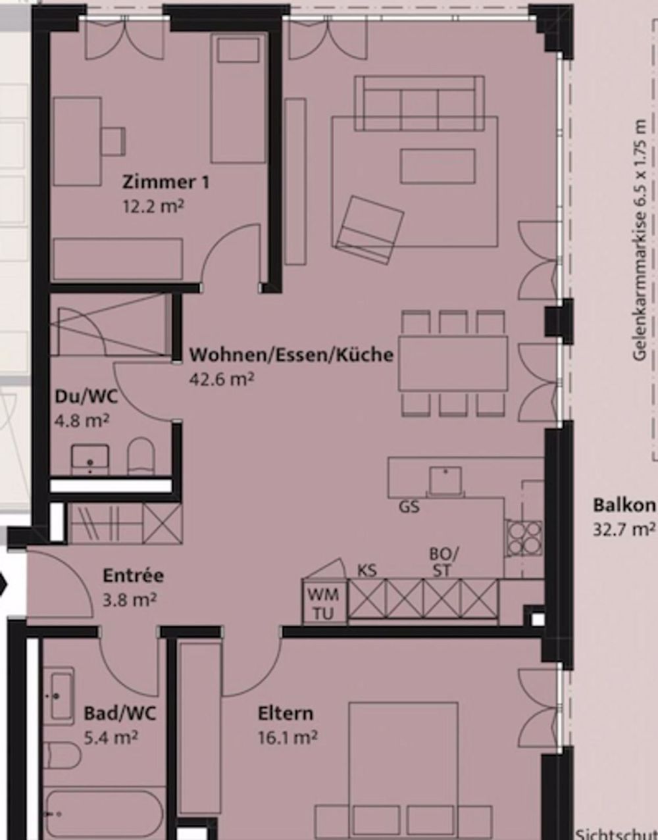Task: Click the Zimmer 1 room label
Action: click(166, 182)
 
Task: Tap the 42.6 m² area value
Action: click(222, 380)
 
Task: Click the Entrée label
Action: click(133, 576)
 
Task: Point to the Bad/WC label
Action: click(120, 713)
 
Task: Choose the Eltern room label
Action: click(285, 713)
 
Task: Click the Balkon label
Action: click(624, 505)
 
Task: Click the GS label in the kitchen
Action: click(409, 507)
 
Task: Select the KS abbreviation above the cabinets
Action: click(367, 570)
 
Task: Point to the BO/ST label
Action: click(444, 562)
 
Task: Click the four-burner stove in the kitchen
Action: click(524, 538)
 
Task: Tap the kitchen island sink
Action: click(445, 480)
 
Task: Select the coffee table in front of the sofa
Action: click(438, 166)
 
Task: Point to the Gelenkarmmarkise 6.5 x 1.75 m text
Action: click(639, 240)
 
